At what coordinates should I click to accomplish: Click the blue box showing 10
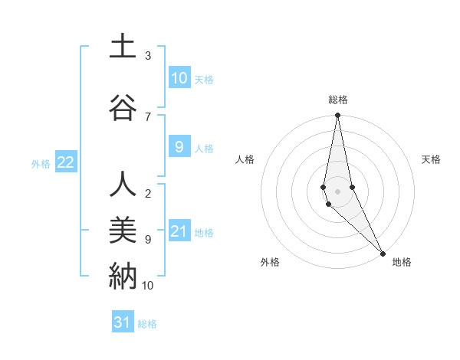coord(179,78)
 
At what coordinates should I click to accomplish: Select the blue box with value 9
coord(179,147)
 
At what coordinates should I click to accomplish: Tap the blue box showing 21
coord(179,231)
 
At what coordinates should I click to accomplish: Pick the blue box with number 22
coord(66,162)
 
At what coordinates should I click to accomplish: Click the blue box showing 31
coord(123,322)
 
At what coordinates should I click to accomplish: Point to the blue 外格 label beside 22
coord(41,163)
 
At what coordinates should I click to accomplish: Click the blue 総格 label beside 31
coord(147,324)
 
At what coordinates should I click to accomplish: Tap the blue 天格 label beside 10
coord(204,79)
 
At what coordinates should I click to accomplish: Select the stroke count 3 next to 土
coord(148,56)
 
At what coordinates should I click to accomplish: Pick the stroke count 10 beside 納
coord(148,285)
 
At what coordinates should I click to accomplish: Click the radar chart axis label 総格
coord(338,100)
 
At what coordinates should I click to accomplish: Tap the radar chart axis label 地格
coord(402,262)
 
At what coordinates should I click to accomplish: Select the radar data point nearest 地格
coord(383,254)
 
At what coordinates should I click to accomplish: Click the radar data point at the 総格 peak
coord(338,116)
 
